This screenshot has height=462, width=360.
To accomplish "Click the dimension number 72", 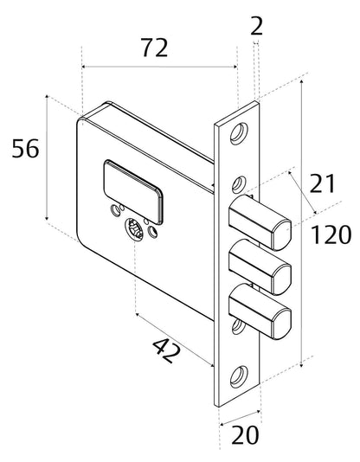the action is click(155, 48).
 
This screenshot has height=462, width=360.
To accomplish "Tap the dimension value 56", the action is click(25, 148).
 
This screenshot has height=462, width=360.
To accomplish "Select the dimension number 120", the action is click(331, 234).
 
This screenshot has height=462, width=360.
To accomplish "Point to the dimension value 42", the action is click(166, 350).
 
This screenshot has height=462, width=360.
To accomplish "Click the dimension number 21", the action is click(323, 183).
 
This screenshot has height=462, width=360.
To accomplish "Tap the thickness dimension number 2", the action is click(256, 26).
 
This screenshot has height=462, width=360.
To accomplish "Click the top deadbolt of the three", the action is click(260, 222).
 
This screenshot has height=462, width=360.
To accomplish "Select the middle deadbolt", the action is click(260, 266).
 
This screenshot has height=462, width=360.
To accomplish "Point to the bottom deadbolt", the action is click(260, 311).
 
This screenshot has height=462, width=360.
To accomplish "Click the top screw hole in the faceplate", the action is click(239, 133).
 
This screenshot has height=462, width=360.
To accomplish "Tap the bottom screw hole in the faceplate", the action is click(239, 376).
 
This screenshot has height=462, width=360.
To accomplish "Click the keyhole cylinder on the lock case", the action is click(135, 229).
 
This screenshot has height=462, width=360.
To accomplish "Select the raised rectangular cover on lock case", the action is click(133, 192).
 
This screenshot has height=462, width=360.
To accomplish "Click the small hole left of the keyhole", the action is click(115, 210).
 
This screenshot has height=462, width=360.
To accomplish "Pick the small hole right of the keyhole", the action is click(152, 232).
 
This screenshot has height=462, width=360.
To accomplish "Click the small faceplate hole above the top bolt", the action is click(238, 184).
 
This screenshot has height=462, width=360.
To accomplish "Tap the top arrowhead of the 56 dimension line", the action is click(47, 97).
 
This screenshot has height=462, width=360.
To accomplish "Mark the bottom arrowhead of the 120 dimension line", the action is click(301, 365).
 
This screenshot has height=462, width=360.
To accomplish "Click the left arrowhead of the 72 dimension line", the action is click(84, 67).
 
